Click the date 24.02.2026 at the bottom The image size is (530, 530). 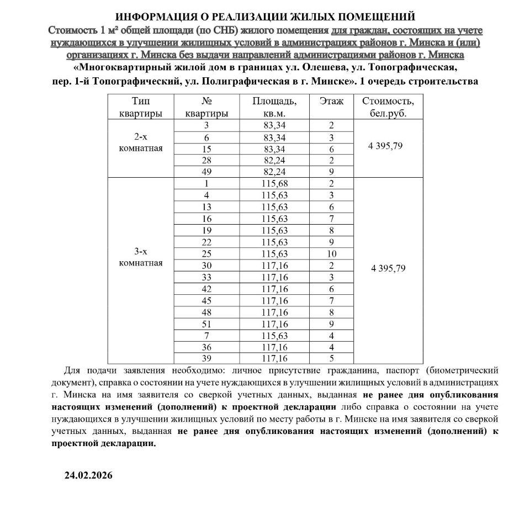pyautogui.click(x=88, y=475)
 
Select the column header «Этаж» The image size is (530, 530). pyautogui.click(x=331, y=102)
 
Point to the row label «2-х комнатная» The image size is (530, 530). pyautogui.click(x=141, y=142)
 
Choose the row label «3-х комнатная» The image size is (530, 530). pyautogui.click(x=141, y=257)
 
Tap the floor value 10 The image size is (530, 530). pyautogui.click(x=331, y=253)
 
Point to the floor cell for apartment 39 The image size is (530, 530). pyautogui.click(x=331, y=357)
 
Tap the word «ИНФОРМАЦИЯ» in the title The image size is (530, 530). pyautogui.click(x=156, y=17)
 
